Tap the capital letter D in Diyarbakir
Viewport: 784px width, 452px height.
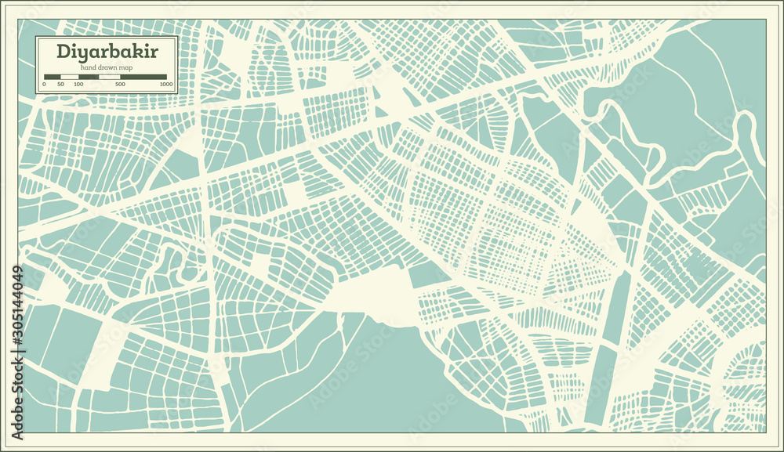coord(61,51)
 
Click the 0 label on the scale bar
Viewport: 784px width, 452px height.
coord(44,84)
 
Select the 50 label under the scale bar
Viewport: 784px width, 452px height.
coord(61,84)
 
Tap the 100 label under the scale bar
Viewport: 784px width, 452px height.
coord(78,84)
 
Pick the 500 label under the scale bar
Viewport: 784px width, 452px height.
coord(120,84)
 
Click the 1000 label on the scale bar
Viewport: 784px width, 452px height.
coord(165,84)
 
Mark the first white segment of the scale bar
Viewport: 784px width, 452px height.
coord(70,76)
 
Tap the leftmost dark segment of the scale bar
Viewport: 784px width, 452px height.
coord(53,76)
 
